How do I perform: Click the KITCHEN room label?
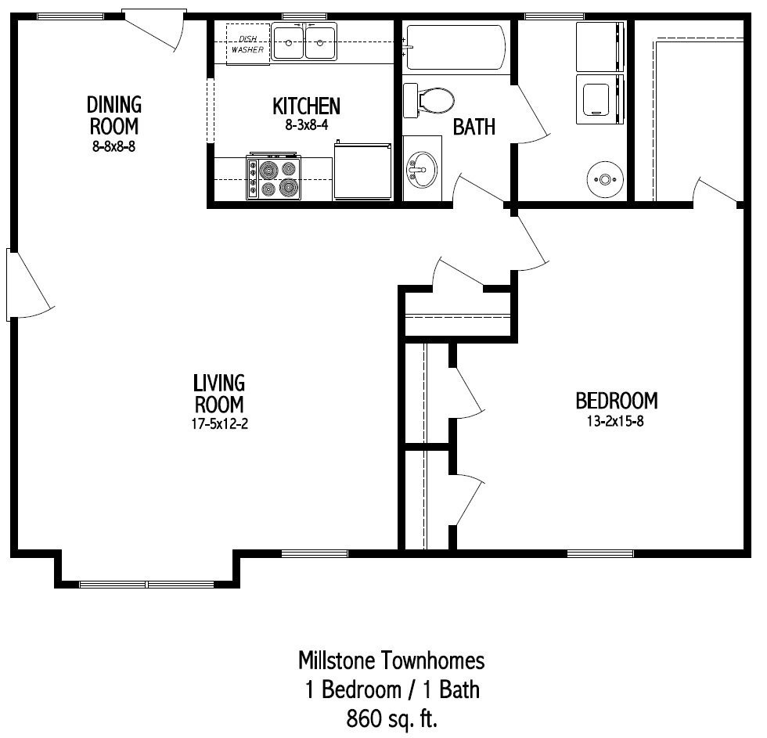[x=306, y=106]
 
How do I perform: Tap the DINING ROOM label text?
[x=114, y=114]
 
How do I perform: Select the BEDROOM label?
[x=616, y=401]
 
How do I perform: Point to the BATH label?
[x=474, y=126]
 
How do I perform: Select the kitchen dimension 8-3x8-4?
[x=306, y=124]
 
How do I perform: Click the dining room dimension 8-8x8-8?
[x=114, y=145]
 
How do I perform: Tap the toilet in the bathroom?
[x=429, y=100]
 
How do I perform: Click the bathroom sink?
[x=422, y=168]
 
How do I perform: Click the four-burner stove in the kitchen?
[x=274, y=178]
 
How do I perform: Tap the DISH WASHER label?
[x=247, y=43]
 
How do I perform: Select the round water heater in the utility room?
[x=604, y=179]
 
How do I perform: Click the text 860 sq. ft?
[x=391, y=717]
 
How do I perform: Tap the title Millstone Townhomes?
[x=391, y=661]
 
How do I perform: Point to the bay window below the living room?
[x=147, y=584]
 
